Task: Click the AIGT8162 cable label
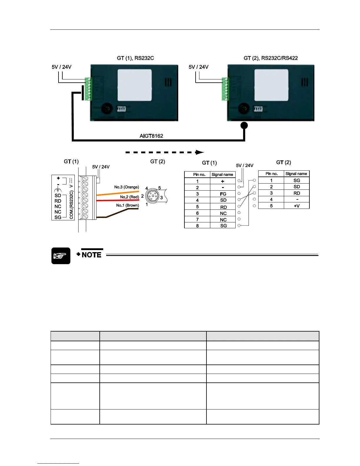point(151,136)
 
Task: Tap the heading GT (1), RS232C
point(135,58)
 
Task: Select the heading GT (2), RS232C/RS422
point(271,58)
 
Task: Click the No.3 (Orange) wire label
point(126,187)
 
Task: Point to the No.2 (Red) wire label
point(129,197)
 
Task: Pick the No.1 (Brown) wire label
point(127,205)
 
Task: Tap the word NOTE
point(91,255)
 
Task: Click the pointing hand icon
point(61,256)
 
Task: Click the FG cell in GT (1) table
point(223,194)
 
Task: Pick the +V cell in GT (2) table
point(296,206)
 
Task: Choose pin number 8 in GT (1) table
point(197,226)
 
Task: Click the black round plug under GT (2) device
point(244,126)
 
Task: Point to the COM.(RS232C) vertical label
point(71,204)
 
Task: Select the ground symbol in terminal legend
point(58,190)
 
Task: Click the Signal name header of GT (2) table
point(296,174)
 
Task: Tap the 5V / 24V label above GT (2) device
point(199,67)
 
